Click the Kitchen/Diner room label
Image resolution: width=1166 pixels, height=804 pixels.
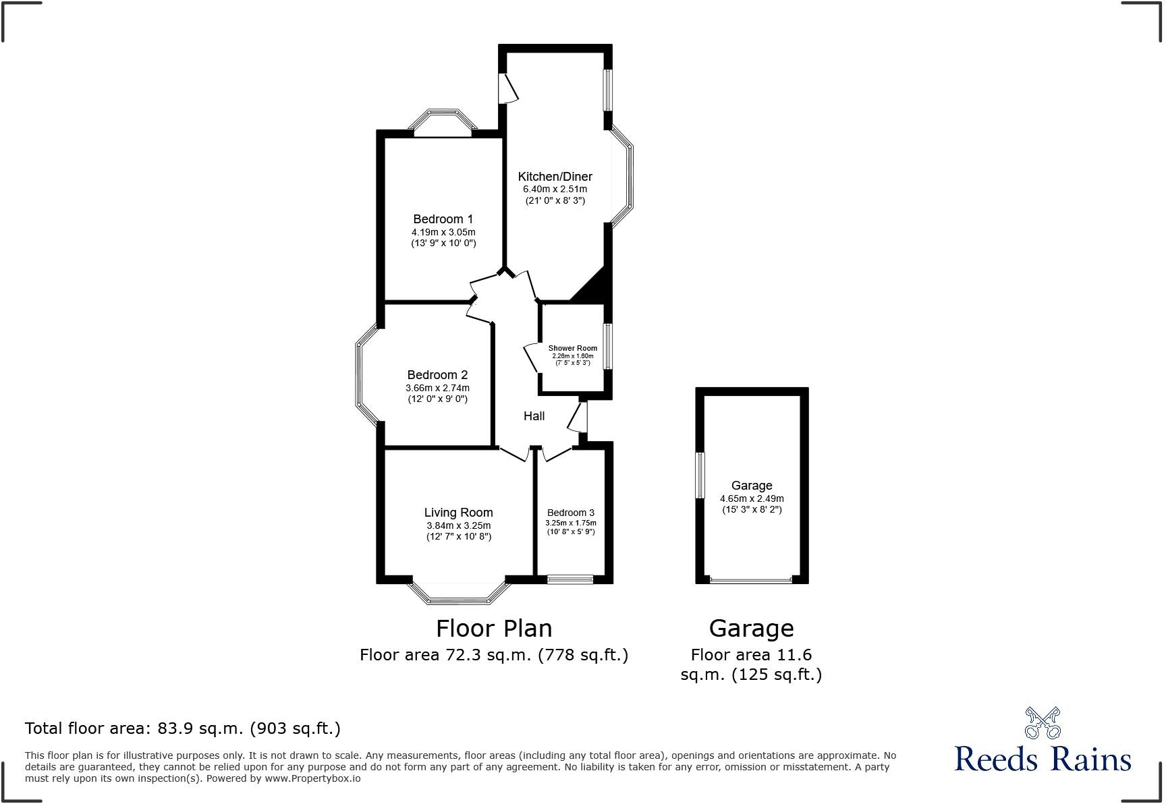pos(555,177)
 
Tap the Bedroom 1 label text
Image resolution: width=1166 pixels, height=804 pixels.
pos(443,219)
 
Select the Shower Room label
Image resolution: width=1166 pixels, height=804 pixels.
pos(572,349)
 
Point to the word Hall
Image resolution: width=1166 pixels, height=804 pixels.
pos(534,416)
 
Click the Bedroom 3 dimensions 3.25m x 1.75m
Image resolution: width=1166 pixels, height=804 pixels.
pos(570,523)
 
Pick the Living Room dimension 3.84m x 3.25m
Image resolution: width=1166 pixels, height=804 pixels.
pos(458,526)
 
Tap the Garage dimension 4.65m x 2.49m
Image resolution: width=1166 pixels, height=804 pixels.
pos(751,499)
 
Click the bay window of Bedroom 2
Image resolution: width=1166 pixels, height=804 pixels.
pos(364,376)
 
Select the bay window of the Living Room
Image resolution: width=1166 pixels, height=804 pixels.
pos(458,594)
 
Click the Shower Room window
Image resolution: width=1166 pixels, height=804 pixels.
pos(607,347)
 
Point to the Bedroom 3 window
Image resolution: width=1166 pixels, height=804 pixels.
pos(570,579)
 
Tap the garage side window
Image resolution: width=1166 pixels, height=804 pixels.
pos(700,476)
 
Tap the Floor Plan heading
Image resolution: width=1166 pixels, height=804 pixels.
pos(493,628)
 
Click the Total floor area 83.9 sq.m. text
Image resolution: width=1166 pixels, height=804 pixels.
pos(182,728)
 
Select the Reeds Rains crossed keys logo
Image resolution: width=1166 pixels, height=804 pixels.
pos(1042,723)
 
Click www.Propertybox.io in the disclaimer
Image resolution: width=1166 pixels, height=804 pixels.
pos(312,778)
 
